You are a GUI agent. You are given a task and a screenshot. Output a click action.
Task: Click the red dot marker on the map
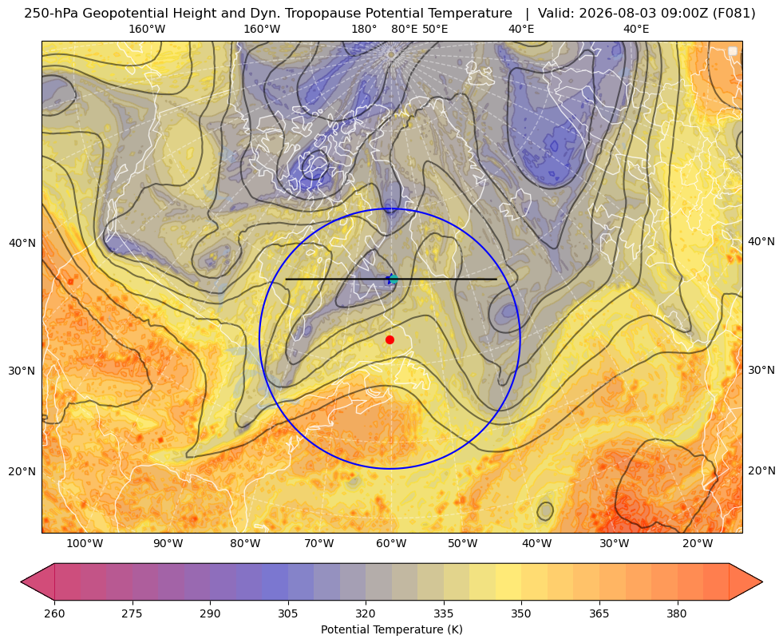point(390,339)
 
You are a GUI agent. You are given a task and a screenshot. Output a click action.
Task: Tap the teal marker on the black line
point(393,280)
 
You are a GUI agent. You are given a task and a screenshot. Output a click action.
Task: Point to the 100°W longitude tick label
point(85,544)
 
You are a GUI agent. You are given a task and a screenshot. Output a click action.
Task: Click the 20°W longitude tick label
point(698,544)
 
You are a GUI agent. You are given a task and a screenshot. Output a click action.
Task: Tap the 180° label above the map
point(364,29)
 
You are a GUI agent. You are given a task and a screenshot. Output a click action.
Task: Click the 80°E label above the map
point(404,29)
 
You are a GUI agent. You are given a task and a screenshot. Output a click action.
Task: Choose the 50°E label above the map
point(435,29)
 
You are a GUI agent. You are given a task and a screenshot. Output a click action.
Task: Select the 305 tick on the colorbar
point(288,613)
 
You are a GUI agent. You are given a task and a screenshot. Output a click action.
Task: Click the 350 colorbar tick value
point(521,613)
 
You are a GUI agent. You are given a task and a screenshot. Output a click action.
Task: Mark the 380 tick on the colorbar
point(677,613)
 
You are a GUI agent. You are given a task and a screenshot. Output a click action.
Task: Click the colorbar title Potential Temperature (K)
point(391,629)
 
